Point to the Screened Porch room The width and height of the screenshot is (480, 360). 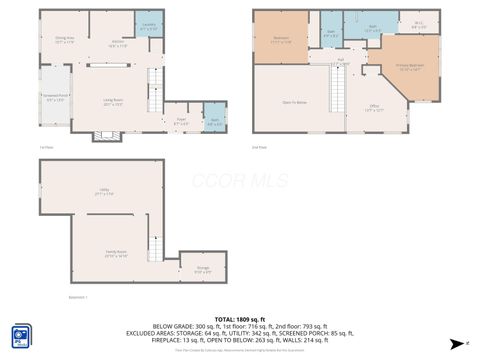click(x=54, y=99)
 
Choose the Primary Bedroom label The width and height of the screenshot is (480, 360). click(x=411, y=69)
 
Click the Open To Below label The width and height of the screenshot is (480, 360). click(x=294, y=102)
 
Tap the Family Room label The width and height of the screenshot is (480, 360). click(x=117, y=255)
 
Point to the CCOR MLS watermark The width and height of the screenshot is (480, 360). click(x=239, y=180)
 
